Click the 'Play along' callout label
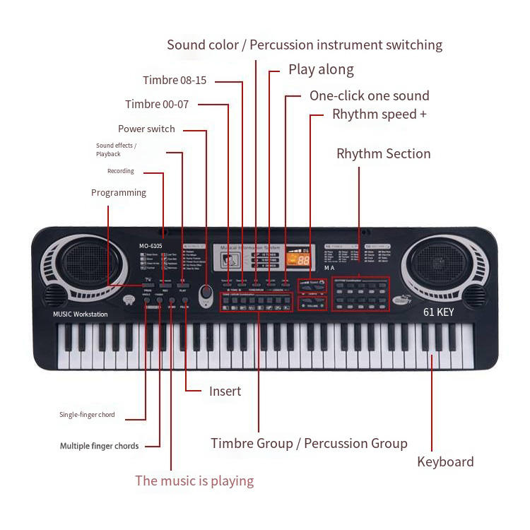click(x=321, y=69)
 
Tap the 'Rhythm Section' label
click(x=383, y=153)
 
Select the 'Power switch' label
click(x=146, y=129)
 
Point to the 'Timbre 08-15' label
click(x=175, y=81)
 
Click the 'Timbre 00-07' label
click(x=157, y=105)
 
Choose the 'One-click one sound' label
click(x=369, y=95)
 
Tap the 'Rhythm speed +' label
click(x=379, y=114)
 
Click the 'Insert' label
click(x=225, y=391)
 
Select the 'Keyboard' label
click(x=445, y=461)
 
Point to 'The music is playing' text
click(x=194, y=481)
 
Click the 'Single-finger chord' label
click(x=87, y=415)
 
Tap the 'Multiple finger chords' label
click(x=99, y=446)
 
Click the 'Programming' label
click(x=119, y=192)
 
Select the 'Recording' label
click(x=120, y=171)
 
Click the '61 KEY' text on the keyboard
click(x=438, y=312)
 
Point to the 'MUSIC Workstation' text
click(x=81, y=314)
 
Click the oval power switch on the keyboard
click(x=206, y=293)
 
